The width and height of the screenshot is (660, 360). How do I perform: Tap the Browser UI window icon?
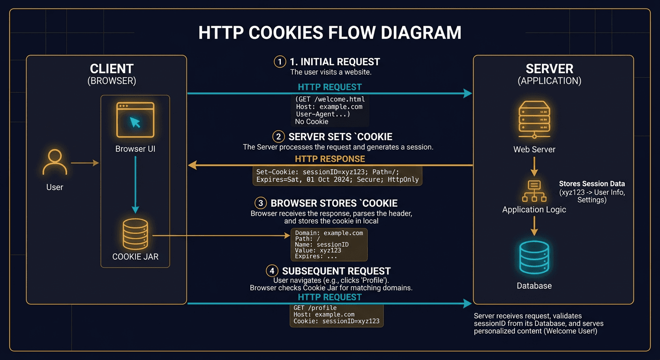(x=135, y=120)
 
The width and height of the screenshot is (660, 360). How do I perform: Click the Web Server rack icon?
(x=534, y=120)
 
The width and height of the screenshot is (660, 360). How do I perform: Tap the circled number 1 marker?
(x=280, y=62)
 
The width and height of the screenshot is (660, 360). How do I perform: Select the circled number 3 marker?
(x=261, y=203)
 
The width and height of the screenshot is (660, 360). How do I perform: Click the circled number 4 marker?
(x=272, y=271)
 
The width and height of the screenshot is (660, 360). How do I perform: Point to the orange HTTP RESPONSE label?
(x=330, y=159)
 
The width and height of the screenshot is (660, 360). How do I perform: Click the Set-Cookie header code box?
(x=337, y=175)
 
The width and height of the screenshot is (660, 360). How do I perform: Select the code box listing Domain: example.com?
(x=329, y=244)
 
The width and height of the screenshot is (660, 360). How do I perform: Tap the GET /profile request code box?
(x=336, y=315)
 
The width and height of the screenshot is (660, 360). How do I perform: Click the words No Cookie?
(x=312, y=122)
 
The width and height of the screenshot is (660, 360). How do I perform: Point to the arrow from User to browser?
(x=85, y=163)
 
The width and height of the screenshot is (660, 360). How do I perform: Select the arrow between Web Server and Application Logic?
(x=534, y=166)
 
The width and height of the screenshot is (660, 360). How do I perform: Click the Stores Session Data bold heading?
(x=592, y=184)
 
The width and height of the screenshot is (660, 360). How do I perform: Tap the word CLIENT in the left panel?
(x=112, y=68)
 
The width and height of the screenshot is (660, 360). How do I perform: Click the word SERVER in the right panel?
(x=549, y=68)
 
